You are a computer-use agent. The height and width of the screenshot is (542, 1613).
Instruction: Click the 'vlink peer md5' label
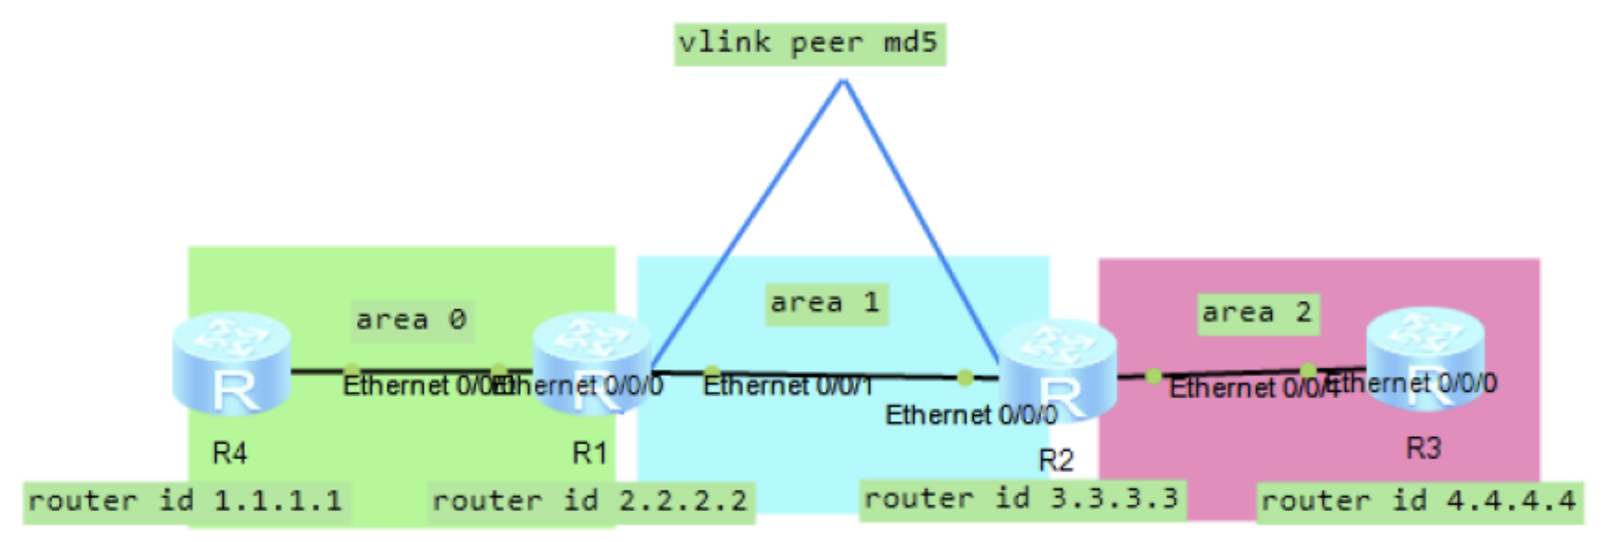810,44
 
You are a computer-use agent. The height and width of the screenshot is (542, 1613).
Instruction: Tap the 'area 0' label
412,320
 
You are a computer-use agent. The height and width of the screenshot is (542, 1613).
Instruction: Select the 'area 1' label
826,304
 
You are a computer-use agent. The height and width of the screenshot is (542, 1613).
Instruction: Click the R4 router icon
232,365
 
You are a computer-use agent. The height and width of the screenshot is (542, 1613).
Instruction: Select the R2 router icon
1059,371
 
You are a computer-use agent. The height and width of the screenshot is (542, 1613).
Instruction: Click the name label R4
230,453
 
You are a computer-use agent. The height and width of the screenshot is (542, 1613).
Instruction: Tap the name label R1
589,453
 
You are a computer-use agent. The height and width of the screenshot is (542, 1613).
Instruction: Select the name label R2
1056,461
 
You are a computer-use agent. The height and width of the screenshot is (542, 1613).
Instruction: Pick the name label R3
1424,449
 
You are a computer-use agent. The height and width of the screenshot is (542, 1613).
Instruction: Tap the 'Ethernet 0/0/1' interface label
788,387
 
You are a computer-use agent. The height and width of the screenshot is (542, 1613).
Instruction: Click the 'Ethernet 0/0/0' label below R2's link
971,415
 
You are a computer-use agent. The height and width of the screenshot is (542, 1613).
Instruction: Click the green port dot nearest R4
352,371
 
